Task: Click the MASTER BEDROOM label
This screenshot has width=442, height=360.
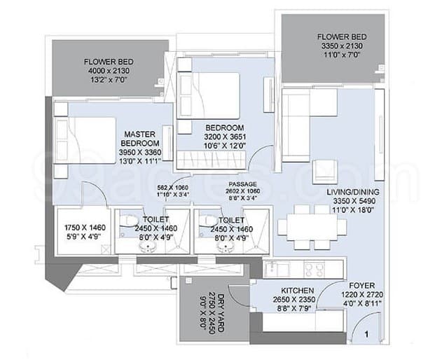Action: [x=140, y=139]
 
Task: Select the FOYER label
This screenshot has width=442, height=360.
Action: [x=362, y=286]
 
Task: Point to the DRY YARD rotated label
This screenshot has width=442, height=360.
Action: [x=221, y=312]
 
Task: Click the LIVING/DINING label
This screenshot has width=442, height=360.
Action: [x=353, y=192]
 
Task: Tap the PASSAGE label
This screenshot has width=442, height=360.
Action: [x=242, y=184]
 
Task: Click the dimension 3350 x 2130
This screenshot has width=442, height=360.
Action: [x=342, y=46]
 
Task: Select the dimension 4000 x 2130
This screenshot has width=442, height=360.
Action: [x=109, y=71]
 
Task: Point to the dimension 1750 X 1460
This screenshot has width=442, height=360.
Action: [x=85, y=227]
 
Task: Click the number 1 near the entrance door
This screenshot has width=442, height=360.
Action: [x=366, y=335]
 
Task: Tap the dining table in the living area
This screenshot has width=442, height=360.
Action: [x=312, y=227]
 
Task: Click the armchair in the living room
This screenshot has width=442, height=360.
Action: [x=326, y=170]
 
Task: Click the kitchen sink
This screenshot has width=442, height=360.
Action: [x=275, y=269]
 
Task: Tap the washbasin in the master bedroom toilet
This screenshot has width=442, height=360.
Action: [x=149, y=248]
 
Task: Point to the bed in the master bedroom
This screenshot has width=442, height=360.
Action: [x=85, y=140]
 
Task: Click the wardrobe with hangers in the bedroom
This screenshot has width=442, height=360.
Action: [x=211, y=160]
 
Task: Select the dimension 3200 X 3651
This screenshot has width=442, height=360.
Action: [x=225, y=137]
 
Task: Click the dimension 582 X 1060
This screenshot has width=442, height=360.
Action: [x=173, y=188]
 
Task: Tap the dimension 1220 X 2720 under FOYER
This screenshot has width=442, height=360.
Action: [x=362, y=295]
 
